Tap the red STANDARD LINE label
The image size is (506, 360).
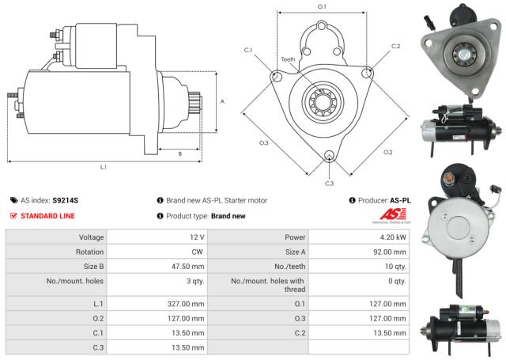click(x=48, y=215)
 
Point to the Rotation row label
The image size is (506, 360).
click(x=89, y=252)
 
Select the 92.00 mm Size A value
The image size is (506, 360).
click(x=388, y=252)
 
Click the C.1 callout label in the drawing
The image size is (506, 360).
click(x=248, y=51)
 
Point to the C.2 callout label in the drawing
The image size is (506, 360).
click(x=395, y=46)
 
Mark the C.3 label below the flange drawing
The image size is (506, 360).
click(x=329, y=184)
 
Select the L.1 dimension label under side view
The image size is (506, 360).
click(x=104, y=167)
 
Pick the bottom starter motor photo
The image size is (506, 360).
click(x=461, y=327)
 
